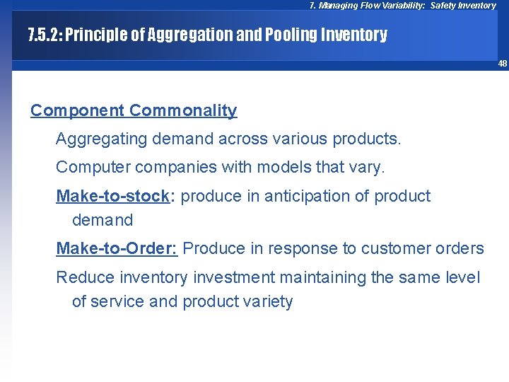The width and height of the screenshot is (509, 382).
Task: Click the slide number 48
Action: pos(502,64)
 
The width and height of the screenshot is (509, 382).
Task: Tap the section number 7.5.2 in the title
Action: pos(44,35)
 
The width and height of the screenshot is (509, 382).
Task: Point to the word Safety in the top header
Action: pos(444,6)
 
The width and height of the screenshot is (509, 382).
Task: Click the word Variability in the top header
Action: pos(400,6)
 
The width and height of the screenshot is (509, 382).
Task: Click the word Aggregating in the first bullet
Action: pos(95,139)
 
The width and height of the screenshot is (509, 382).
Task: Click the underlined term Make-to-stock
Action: pos(112,196)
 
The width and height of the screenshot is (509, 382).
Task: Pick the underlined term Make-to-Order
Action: pos(117,248)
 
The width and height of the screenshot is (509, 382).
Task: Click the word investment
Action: pos(218,277)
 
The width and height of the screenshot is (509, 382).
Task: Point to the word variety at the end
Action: pos(267,302)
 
